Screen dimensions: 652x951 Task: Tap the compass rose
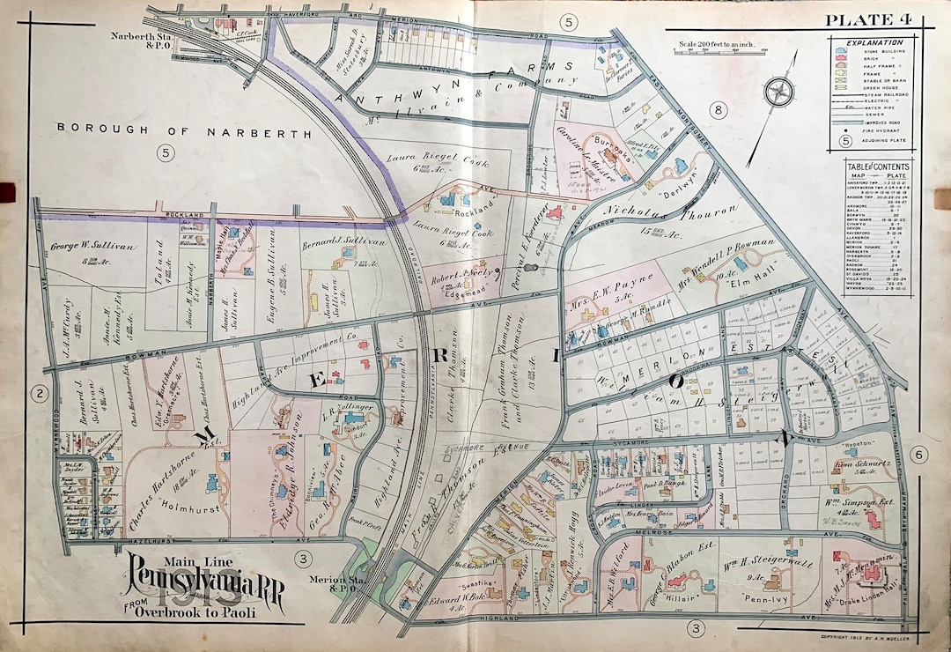point(780,93)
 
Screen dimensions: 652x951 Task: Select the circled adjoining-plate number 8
point(719,110)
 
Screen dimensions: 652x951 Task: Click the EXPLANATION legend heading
point(874,42)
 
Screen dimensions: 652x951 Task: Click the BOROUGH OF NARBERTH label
point(185,130)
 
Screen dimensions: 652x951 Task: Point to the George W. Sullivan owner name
point(85,247)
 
